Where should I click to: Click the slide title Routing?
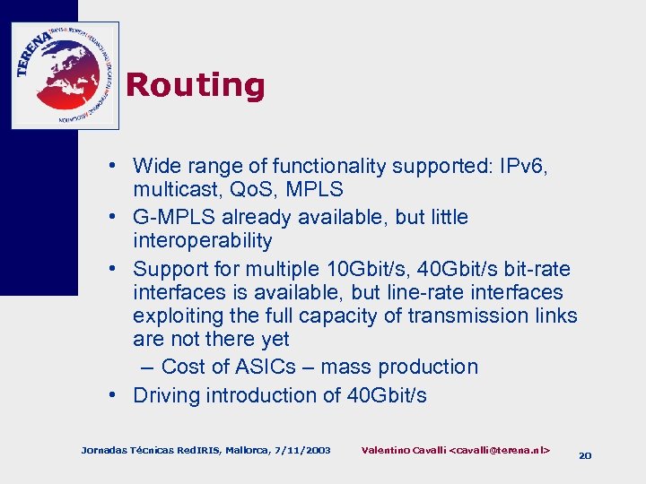coord(196,85)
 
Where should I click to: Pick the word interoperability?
coord(202,240)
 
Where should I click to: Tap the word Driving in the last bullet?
coord(168,395)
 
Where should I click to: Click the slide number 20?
coord(585,455)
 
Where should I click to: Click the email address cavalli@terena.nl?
coord(499,448)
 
